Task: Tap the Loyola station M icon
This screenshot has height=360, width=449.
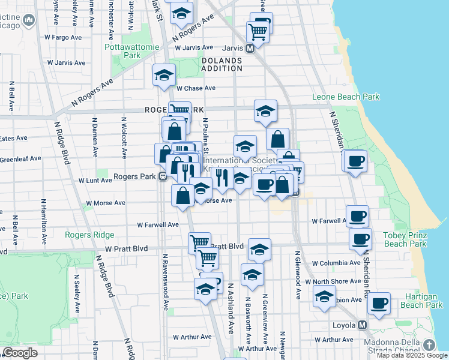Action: (362, 325)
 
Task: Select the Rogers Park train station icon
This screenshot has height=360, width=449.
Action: (162, 177)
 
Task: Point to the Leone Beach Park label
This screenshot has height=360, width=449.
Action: (346, 97)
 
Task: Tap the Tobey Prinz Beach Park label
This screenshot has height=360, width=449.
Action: (405, 239)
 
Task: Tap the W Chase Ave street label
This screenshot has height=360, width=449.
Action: (196, 88)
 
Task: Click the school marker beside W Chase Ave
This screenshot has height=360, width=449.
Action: (163, 75)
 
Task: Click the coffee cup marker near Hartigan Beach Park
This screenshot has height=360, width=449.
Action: (379, 302)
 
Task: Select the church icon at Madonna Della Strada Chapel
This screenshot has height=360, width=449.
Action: (429, 345)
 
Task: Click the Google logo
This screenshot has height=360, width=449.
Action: (20, 352)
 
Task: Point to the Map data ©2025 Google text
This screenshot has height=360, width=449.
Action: (411, 355)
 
